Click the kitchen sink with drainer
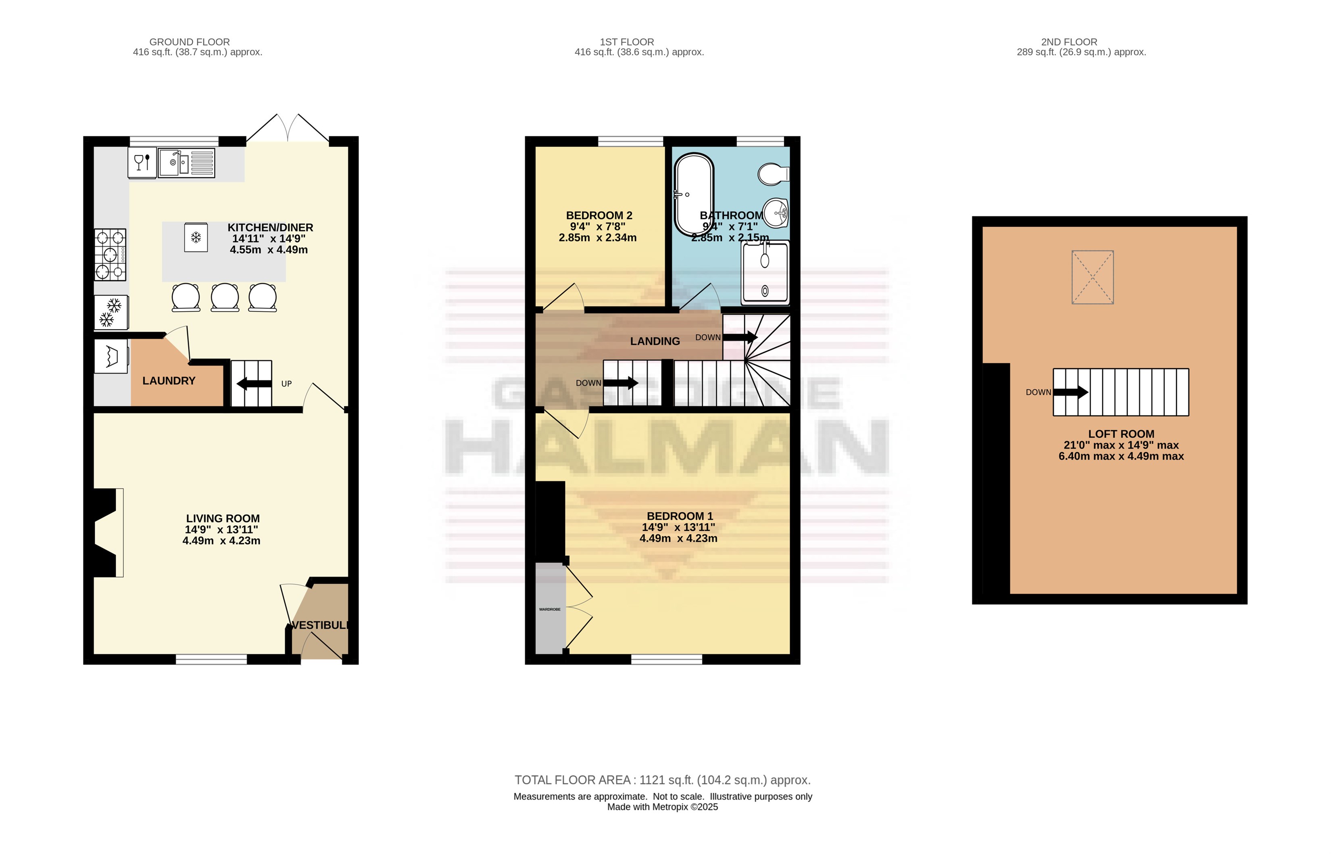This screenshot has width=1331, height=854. [187, 163]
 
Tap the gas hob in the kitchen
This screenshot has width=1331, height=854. [111, 255]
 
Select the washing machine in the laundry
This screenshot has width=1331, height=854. [111, 356]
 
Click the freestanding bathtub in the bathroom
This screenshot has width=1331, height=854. [693, 195]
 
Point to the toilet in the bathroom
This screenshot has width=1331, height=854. [773, 173]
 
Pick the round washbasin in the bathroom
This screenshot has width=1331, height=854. [776, 213]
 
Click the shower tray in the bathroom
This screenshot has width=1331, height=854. [766, 273]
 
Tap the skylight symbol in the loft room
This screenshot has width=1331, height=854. [1093, 277]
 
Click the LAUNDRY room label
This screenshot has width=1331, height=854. [169, 381]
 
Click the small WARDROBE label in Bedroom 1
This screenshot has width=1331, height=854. [550, 610]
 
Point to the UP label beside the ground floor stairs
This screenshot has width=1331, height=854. [287, 384]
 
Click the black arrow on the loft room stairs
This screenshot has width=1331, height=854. [1071, 393]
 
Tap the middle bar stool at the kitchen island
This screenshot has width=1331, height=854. [225, 298]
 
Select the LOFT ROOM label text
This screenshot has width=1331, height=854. [1121, 434]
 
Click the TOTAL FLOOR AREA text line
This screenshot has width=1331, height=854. [662, 780]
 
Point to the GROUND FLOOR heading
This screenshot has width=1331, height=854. [190, 42]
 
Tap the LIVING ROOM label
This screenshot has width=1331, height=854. [223, 518]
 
